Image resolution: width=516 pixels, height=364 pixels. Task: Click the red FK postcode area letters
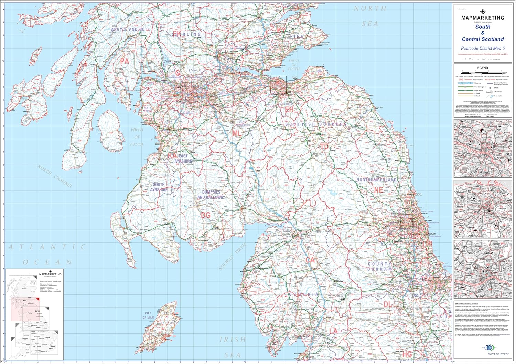coord(177,34)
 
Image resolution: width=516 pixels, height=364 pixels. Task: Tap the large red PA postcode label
coord(124,61)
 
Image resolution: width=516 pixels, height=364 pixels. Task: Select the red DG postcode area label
coord(205,215)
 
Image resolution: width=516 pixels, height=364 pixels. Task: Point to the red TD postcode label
coord(324,146)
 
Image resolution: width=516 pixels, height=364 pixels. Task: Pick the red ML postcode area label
coord(237,133)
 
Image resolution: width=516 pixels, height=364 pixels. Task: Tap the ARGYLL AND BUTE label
coord(130,30)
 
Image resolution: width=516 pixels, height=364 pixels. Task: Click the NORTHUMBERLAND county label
coord(376,180)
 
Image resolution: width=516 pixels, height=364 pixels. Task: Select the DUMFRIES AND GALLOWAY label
coord(211,195)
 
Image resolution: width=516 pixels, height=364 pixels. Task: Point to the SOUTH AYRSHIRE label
coord(159,187)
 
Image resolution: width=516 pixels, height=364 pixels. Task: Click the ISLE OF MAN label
coord(148,315)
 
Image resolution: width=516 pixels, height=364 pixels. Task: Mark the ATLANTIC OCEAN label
coord(47,254)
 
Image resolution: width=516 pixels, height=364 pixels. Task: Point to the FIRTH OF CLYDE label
coord(137,137)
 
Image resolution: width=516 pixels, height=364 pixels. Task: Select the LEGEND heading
coord(482,68)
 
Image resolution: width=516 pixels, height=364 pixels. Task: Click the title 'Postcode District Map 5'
coord(483,49)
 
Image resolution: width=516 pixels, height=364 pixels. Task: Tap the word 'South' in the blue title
coord(483,27)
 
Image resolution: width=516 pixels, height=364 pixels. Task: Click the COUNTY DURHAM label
coord(380,266)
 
